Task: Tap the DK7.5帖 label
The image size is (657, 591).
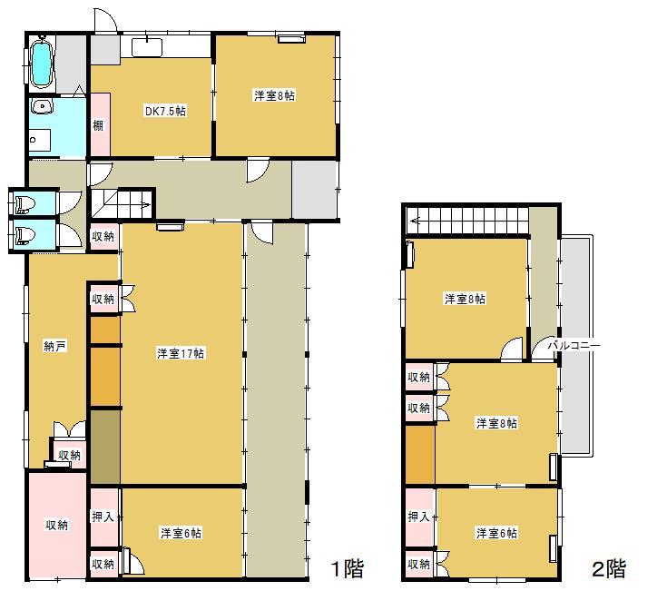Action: pos(165,113)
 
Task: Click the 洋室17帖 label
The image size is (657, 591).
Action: pos(181,352)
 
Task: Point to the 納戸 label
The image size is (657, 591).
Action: pos(54,346)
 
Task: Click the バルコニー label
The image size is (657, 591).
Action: pos(573,346)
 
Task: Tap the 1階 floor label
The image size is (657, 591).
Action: pos(346,569)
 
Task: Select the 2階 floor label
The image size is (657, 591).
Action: pos(609,569)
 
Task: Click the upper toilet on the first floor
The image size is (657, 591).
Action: pos(23,203)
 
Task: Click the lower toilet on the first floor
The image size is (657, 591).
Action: pos(23,235)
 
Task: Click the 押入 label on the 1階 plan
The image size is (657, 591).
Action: pos(103,517)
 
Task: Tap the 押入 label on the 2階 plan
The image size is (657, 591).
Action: pos(418,517)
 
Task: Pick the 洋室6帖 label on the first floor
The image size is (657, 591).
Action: pos(181,532)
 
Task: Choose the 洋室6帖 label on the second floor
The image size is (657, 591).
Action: pos(496,533)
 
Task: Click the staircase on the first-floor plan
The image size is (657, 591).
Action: pos(125,204)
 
